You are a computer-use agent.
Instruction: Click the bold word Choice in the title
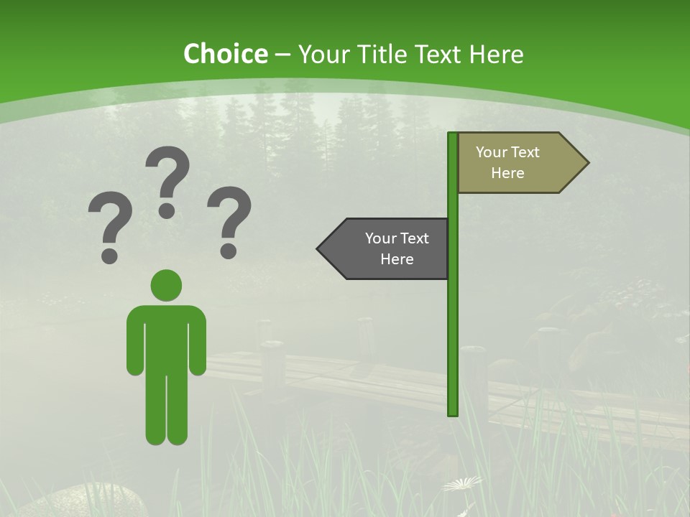point(225,54)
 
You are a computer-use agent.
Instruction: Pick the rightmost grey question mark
point(229,215)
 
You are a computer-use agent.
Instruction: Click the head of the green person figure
point(166,285)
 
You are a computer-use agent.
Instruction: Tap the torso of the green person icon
point(166,337)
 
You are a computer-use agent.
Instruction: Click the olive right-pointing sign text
point(507,162)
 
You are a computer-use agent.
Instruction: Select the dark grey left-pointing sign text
point(397,248)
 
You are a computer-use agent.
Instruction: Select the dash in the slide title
point(282,55)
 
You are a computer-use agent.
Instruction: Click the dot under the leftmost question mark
point(109,255)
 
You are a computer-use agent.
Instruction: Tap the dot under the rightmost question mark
point(229,251)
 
